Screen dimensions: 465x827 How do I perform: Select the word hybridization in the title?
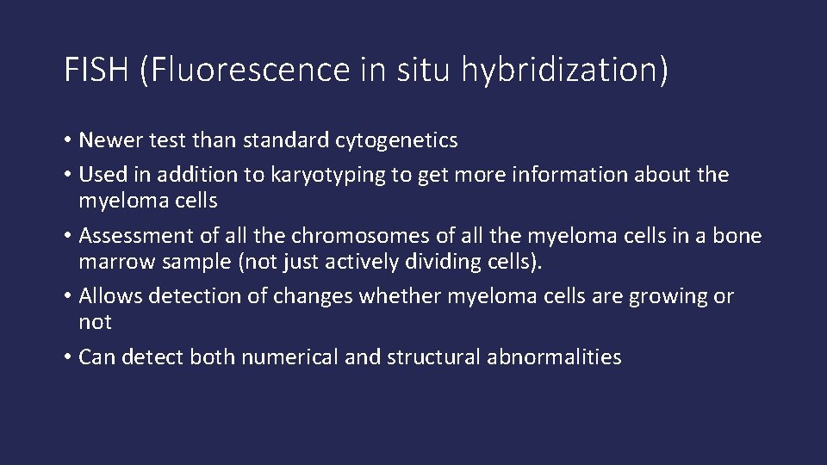point(563,71)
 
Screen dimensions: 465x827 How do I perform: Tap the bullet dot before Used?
point(68,176)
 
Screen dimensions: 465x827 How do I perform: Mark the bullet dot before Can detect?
point(68,357)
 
